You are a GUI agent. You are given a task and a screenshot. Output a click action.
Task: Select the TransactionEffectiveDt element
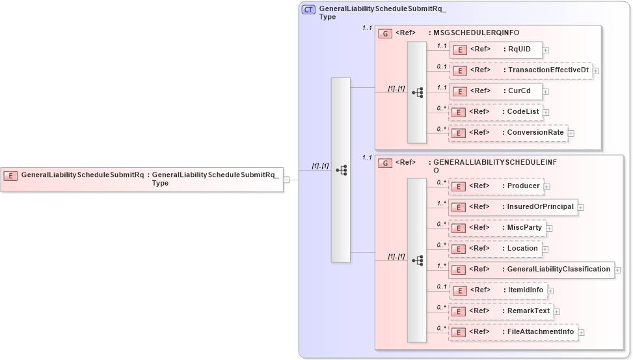[520, 70]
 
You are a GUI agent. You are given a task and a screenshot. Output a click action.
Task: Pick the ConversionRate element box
[508, 133]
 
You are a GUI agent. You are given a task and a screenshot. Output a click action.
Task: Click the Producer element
[496, 186]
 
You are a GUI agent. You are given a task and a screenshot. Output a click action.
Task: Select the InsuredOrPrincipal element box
[513, 207]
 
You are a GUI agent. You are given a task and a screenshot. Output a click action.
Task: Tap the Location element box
[495, 249]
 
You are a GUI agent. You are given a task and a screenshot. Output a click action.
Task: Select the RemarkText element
[501, 311]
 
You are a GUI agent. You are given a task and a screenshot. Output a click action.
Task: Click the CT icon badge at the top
[310, 10]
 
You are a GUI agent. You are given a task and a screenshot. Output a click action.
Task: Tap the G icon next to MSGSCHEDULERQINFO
[385, 33]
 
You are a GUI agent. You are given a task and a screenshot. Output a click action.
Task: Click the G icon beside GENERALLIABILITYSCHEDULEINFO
[385, 163]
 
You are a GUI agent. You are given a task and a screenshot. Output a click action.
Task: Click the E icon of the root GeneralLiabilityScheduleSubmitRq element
[11, 175]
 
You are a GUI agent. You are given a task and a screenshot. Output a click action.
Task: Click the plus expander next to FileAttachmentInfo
[582, 333]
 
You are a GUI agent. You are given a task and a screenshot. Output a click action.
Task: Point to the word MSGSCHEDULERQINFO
[476, 33]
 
